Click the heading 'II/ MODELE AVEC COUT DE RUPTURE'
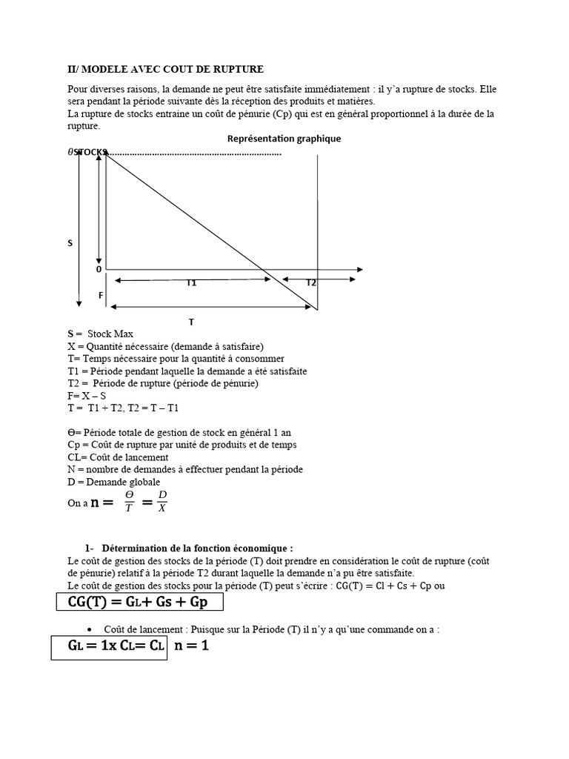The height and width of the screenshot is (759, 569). coord(165,70)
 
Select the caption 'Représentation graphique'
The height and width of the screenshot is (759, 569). coord(284,139)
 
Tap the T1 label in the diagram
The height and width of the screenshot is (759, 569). coord(191,283)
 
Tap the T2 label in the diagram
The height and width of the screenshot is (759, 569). coord(311,283)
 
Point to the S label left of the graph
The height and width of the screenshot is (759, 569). coord(70,243)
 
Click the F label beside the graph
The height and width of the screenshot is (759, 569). coord(101,295)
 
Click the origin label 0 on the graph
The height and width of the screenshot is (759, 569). coord(99,270)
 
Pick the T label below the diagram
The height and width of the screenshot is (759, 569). coord(191,322)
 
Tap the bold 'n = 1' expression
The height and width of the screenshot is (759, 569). coord(192,646)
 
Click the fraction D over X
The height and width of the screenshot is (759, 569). coord(162,501)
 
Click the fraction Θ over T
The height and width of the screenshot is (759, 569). coord(130,501)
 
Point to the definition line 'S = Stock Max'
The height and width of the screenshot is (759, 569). coord(100,334)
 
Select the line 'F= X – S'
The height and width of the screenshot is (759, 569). coord(86,396)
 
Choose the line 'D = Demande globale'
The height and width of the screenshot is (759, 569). coord(113,482)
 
